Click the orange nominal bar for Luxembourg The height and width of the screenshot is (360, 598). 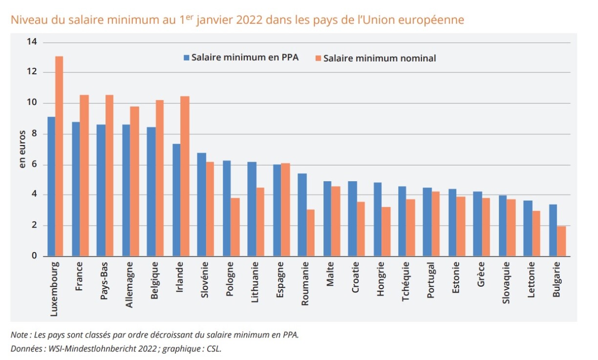59,156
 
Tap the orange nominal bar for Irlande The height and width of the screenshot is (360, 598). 185,176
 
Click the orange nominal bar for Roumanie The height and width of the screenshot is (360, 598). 311,233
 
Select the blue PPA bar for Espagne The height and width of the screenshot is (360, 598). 277,211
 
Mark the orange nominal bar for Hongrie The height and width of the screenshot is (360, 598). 386,232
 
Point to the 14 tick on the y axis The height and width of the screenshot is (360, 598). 32,42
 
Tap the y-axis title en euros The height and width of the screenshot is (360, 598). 22,149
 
